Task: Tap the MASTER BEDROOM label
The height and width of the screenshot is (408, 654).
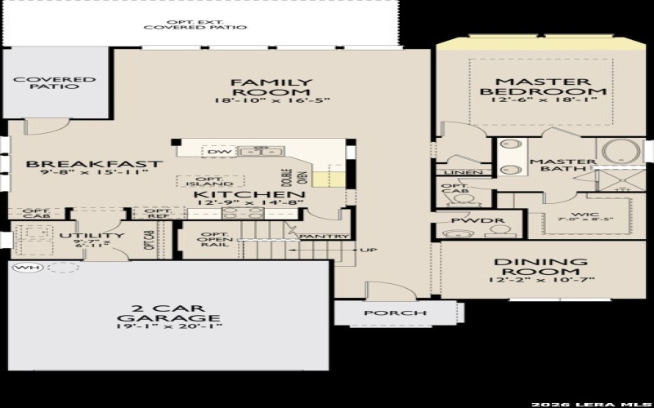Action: coord(543,86)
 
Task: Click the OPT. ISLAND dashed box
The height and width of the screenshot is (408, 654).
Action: coord(211,181)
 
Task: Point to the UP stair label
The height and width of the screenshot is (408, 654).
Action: coord(369,249)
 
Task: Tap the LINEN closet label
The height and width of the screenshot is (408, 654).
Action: coord(455,172)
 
